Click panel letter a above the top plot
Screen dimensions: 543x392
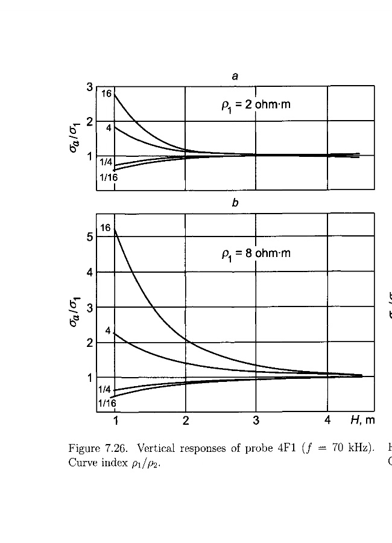click(x=235, y=76)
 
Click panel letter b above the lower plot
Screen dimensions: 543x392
click(x=235, y=203)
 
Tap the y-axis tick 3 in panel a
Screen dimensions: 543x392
click(x=89, y=87)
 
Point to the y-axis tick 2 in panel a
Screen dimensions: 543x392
click(x=89, y=121)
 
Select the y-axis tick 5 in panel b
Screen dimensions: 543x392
click(x=89, y=237)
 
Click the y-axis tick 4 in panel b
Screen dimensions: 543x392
click(x=89, y=272)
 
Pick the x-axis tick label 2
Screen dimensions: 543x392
click(x=186, y=421)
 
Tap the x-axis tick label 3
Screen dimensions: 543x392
click(x=256, y=421)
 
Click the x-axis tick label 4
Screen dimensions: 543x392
click(x=327, y=421)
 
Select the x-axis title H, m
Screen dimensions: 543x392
click(x=362, y=420)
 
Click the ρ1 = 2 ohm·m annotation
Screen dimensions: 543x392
click(x=256, y=106)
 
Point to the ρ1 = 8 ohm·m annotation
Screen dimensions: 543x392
click(x=256, y=253)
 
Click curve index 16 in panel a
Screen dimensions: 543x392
click(x=106, y=94)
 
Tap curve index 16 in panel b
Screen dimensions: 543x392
click(x=106, y=228)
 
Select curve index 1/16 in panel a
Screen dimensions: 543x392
click(x=109, y=178)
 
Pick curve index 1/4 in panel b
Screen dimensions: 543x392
click(x=106, y=389)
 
